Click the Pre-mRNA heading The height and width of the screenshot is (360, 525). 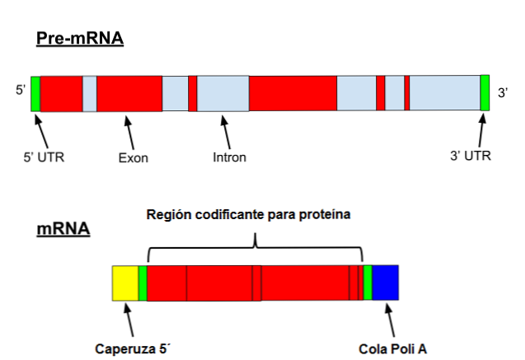[79, 38]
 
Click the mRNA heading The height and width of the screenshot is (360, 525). [63, 227]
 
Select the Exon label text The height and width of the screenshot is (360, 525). [133, 157]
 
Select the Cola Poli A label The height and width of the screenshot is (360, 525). [392, 348]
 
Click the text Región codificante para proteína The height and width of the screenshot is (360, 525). [249, 215]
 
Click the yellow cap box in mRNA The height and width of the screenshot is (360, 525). [125, 283]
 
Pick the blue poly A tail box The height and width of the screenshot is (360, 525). [386, 283]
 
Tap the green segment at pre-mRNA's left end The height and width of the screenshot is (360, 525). [35, 93]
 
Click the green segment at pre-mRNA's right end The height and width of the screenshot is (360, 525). [485, 93]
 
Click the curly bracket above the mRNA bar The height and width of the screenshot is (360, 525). [255, 241]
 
